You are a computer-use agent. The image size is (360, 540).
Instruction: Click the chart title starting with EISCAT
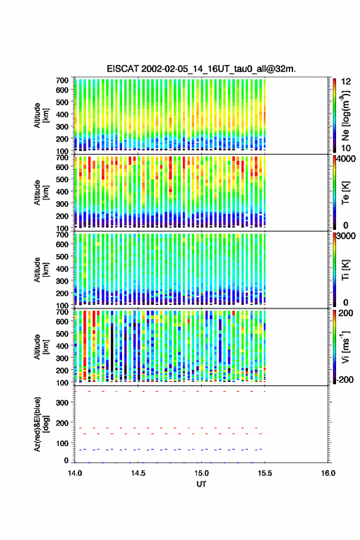(201, 69)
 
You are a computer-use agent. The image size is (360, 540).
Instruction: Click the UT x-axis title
(201, 484)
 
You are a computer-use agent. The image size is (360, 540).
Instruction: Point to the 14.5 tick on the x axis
(138, 473)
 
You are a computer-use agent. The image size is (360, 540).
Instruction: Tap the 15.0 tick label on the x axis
(201, 473)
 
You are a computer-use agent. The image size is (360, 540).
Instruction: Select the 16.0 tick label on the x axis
(328, 473)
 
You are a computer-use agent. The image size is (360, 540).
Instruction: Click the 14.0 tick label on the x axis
(75, 473)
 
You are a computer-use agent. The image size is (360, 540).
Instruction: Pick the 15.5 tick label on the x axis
(265, 473)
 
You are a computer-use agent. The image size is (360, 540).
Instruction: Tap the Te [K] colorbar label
(345, 193)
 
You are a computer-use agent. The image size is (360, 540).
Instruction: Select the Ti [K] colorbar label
(345, 270)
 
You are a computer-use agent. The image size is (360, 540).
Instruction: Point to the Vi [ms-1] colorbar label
(345, 347)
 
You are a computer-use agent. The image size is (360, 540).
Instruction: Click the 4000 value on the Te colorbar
(345, 159)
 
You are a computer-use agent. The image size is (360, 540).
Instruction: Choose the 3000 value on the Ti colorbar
(346, 236)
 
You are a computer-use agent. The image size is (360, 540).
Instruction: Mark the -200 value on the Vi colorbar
(345, 379)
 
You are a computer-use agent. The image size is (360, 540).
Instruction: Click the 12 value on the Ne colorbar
(347, 81)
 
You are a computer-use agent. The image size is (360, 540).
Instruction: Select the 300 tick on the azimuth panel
(62, 403)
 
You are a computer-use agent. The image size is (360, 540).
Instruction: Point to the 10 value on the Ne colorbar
(347, 148)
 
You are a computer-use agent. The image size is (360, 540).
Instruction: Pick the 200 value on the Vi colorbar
(346, 313)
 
